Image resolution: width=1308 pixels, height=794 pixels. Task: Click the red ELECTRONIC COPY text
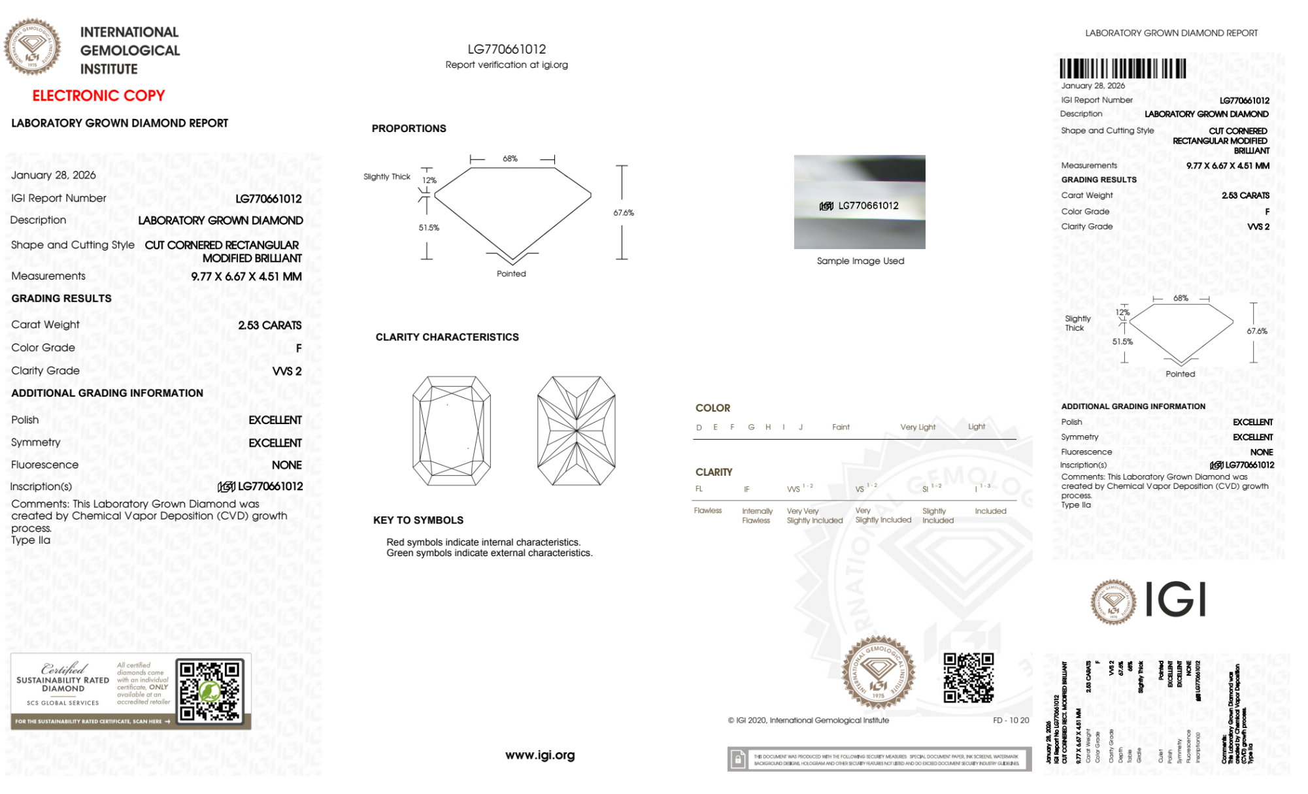[99, 96]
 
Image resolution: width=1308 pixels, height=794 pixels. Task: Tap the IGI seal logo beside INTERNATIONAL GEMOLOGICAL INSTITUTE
[32, 47]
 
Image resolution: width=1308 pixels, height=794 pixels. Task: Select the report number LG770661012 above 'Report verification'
[507, 49]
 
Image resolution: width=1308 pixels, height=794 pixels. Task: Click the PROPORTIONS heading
[409, 129]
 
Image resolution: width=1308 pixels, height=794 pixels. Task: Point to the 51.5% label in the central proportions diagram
[429, 228]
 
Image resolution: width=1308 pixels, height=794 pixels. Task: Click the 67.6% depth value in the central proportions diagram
[624, 213]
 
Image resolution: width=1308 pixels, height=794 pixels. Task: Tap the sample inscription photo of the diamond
[860, 202]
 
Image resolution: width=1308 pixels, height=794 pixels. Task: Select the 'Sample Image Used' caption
[860, 261]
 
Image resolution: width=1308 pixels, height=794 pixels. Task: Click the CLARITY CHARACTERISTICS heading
[447, 337]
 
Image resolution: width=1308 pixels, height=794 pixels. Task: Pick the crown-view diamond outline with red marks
[451, 431]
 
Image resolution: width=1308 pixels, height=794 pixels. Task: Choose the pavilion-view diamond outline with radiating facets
[576, 431]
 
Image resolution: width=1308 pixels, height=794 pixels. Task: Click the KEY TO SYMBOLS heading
[418, 520]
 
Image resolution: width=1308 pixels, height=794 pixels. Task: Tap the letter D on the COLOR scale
[699, 427]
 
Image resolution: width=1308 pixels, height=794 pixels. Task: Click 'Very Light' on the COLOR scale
[918, 427]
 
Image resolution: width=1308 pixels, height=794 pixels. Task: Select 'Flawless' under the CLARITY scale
[708, 511]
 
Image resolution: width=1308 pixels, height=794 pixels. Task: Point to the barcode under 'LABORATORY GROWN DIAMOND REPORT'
[1122, 69]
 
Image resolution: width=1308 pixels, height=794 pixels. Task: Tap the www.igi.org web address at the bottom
[540, 755]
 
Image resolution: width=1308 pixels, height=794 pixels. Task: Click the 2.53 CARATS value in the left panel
[269, 325]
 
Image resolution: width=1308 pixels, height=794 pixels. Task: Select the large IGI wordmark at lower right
[1175, 600]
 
